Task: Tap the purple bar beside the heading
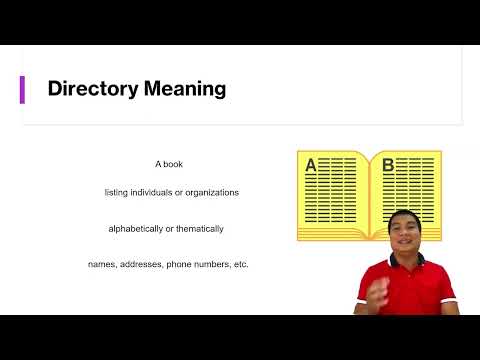click(22, 89)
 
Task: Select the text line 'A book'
click(168, 163)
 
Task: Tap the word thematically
click(198, 228)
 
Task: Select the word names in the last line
click(102, 264)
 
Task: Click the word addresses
click(143, 264)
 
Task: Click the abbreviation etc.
click(238, 264)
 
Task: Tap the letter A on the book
click(310, 165)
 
